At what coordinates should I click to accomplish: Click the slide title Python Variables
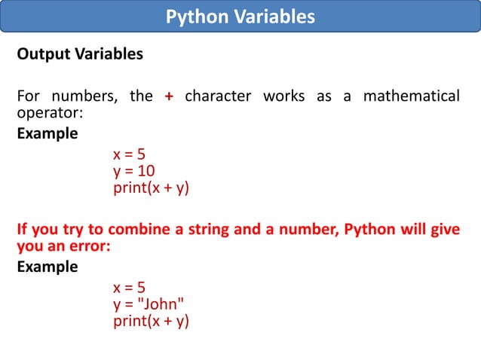point(240,17)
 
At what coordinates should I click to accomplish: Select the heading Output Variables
point(79,55)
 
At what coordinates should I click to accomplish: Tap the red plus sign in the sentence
point(169,96)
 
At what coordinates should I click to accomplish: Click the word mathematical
point(411,96)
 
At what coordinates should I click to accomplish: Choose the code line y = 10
point(134,172)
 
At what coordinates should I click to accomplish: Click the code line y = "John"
point(149,304)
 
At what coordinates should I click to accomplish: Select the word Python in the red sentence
point(372,229)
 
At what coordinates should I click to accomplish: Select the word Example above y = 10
point(47,134)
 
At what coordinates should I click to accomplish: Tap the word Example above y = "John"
point(47,267)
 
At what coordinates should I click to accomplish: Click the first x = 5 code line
point(129,156)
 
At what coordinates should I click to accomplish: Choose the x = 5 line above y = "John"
point(129,288)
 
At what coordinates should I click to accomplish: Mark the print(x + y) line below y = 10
point(151,188)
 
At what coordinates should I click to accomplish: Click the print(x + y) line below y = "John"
point(151,320)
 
